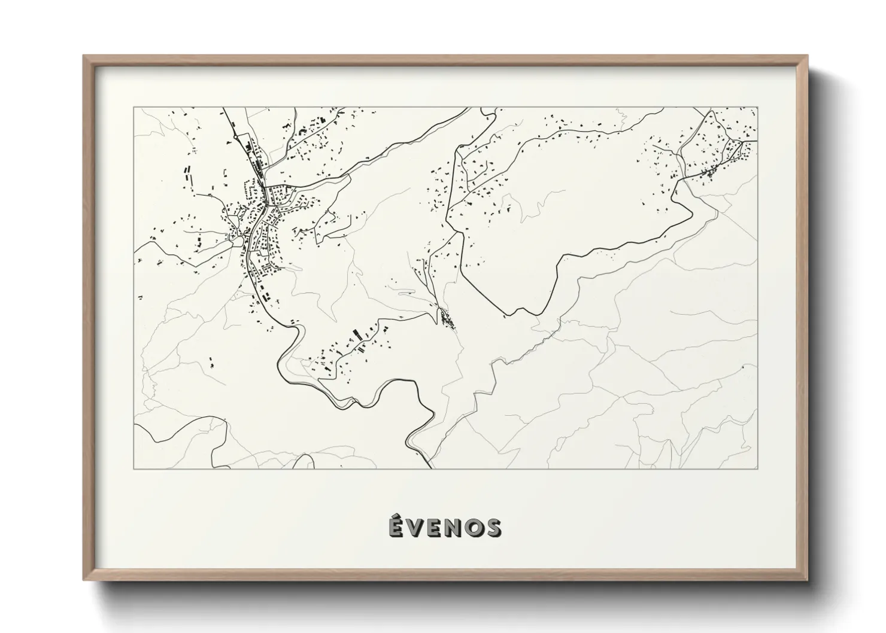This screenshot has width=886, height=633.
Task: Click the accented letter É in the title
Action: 396,527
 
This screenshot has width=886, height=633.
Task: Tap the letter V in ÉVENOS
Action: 415,528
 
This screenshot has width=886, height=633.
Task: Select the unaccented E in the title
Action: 435,528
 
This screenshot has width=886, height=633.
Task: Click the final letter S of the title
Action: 493,528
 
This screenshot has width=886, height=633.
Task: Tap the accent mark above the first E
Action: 396,516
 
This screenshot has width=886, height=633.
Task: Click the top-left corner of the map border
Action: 133,108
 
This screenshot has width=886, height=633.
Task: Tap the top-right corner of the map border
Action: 757,108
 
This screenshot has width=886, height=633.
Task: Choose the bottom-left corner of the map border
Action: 133,468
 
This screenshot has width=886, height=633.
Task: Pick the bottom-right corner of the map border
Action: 757,468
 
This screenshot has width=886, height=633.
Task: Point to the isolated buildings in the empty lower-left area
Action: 211,362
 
